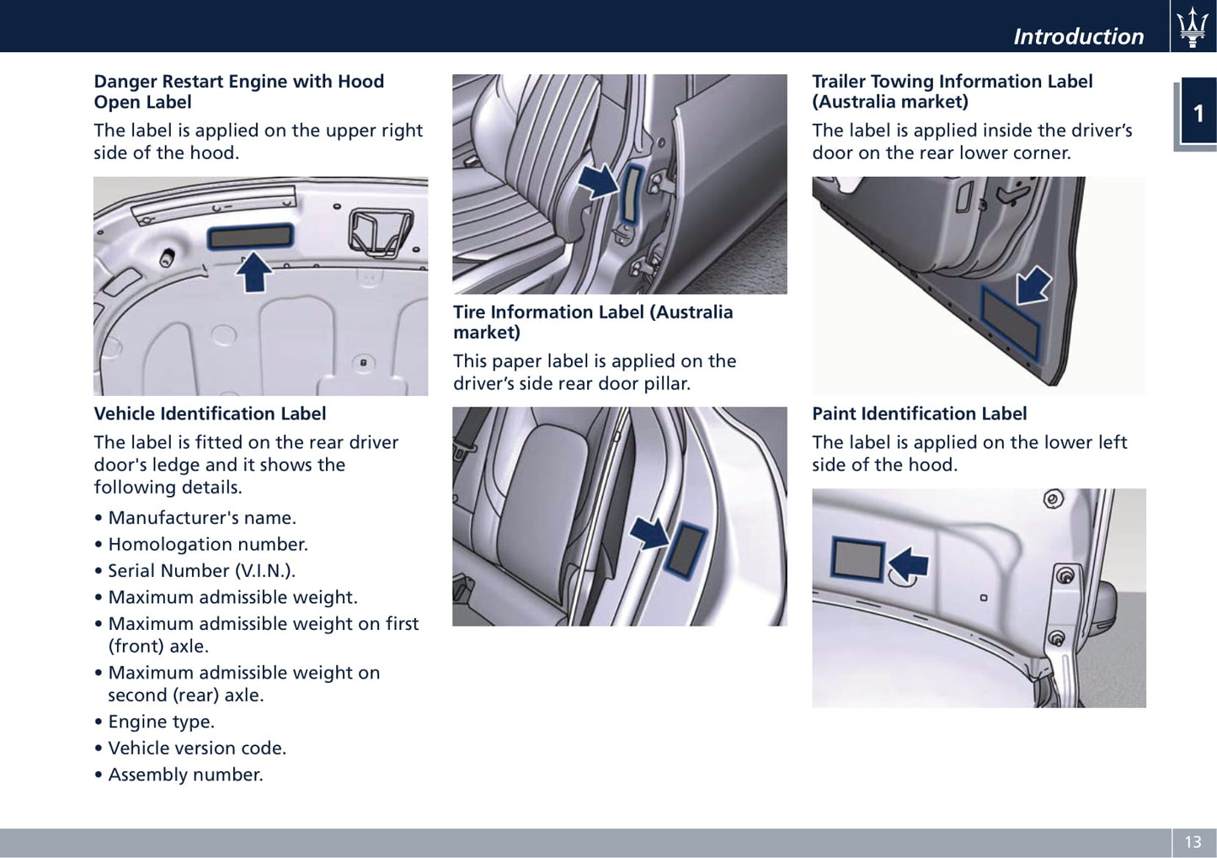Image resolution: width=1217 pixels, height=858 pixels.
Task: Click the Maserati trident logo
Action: [1193, 27]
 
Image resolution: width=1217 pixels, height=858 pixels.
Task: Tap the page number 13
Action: [1193, 842]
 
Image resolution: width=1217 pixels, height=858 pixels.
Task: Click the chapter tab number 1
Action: [1198, 114]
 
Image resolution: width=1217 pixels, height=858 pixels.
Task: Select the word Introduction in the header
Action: [1079, 36]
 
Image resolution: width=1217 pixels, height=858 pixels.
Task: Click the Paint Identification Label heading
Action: [919, 413]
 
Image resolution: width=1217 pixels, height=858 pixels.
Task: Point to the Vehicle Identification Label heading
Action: [210, 413]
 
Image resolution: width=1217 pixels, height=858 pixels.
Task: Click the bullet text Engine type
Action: [162, 722]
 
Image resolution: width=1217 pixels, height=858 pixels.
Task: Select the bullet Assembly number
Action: [185, 775]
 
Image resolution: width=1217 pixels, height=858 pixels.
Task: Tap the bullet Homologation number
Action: [208, 544]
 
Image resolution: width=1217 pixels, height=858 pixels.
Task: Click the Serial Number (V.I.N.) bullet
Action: [201, 571]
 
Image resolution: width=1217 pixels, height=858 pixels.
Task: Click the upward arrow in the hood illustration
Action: [254, 271]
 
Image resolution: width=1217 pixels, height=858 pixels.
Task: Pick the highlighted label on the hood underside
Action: [250, 237]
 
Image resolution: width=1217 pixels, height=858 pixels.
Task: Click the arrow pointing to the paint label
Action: [909, 563]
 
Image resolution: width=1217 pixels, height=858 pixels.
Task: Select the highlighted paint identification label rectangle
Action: [858, 560]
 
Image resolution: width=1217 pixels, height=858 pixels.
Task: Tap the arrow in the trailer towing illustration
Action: [1033, 285]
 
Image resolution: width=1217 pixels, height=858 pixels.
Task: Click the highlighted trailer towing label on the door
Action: [1011, 323]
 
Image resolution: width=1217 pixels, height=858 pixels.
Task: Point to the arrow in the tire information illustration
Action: [649, 533]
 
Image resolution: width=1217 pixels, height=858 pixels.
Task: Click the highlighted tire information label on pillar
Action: [686, 551]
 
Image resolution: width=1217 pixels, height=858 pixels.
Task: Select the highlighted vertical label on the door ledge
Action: [632, 195]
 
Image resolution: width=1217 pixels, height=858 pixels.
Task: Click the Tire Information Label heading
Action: [593, 322]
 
